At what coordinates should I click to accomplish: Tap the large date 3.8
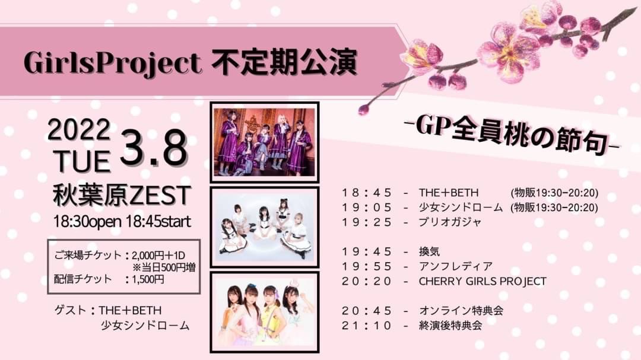pyautogui.click(x=154, y=148)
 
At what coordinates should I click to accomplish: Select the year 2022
pyautogui.click(x=79, y=130)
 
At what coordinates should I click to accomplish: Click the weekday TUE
pyautogui.click(x=82, y=161)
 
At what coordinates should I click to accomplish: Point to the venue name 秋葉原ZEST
pyautogui.click(x=122, y=195)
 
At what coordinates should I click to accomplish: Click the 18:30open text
pyautogui.click(x=87, y=222)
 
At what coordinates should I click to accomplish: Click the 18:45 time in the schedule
pyautogui.click(x=367, y=193)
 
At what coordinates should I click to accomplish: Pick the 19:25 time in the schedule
pyautogui.click(x=367, y=222)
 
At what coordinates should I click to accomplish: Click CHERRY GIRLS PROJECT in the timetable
pyautogui.click(x=483, y=282)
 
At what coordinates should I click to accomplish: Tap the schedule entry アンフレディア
pyautogui.click(x=455, y=266)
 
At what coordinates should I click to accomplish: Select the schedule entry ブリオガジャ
pyautogui.click(x=450, y=222)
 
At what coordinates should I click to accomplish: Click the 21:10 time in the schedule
pyautogui.click(x=367, y=326)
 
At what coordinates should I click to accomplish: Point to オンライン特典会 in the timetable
pyautogui.click(x=461, y=311)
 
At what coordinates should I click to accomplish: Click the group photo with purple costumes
pyautogui.click(x=265, y=142)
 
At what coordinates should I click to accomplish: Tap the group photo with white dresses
pyautogui.click(x=265, y=227)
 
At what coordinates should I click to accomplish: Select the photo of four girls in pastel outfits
pyautogui.click(x=265, y=312)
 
